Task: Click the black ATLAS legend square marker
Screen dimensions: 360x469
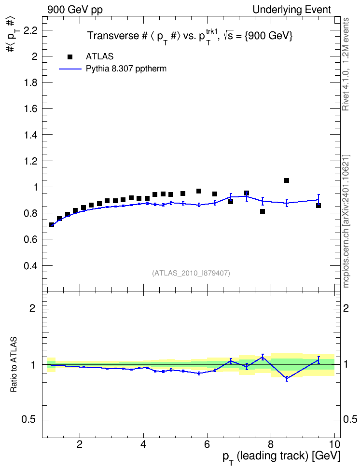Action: point(70,57)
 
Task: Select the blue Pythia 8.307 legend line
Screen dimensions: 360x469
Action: point(70,69)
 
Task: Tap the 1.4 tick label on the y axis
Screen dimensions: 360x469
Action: point(30,135)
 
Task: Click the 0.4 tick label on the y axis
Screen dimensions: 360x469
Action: point(30,265)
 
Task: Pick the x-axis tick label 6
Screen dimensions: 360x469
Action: point(207,444)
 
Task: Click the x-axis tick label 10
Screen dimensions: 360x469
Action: point(334,444)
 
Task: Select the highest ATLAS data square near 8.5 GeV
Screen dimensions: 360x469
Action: point(286,180)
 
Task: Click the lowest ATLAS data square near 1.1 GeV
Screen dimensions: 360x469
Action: point(52,225)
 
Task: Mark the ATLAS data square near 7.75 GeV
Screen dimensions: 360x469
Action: point(263,211)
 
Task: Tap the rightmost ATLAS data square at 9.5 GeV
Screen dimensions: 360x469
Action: point(318,206)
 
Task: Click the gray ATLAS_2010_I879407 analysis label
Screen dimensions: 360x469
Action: point(191,273)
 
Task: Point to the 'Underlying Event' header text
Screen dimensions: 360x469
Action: point(292,10)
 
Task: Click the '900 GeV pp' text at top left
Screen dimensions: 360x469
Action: point(75,10)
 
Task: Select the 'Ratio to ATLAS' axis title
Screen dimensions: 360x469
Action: point(14,364)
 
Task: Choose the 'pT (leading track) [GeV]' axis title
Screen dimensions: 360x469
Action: point(281,456)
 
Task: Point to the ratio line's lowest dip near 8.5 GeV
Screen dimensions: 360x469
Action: point(287,379)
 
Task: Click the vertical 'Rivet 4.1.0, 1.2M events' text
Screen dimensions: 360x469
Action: point(346,64)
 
